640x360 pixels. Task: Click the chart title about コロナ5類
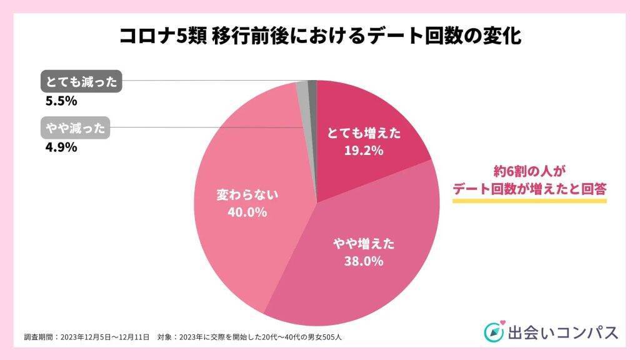tap(320, 35)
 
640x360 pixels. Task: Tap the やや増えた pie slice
tap(356, 262)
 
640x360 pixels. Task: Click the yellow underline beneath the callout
tap(529, 201)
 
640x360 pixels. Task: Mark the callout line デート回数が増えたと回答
tap(529, 187)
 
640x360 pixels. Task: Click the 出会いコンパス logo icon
tap(493, 332)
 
